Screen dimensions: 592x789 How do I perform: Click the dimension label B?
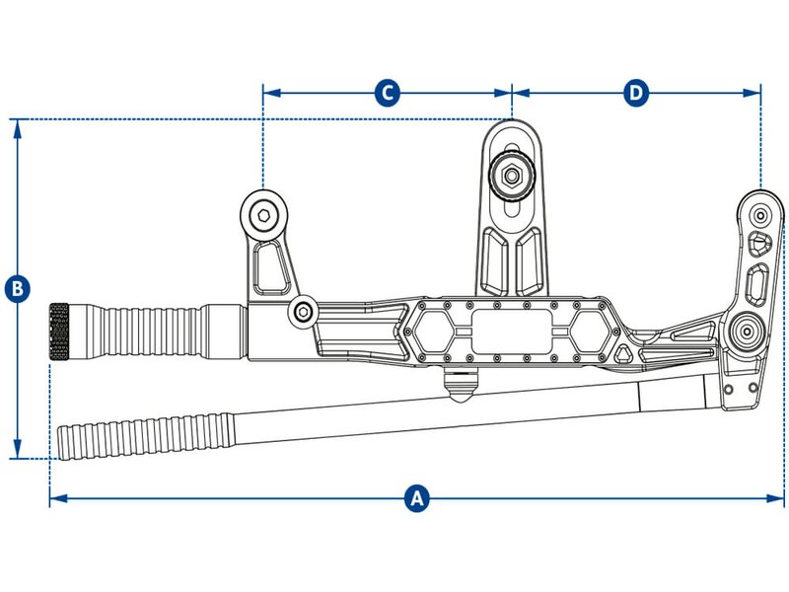click(x=17, y=289)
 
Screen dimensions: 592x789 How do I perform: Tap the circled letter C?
click(x=388, y=93)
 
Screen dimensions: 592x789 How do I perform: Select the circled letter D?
click(x=637, y=93)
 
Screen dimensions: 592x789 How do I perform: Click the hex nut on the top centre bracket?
click(x=511, y=176)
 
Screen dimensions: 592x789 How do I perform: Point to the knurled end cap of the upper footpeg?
click(x=58, y=332)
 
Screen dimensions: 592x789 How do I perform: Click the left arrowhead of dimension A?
click(x=55, y=498)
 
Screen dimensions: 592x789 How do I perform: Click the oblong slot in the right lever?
click(x=756, y=286)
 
